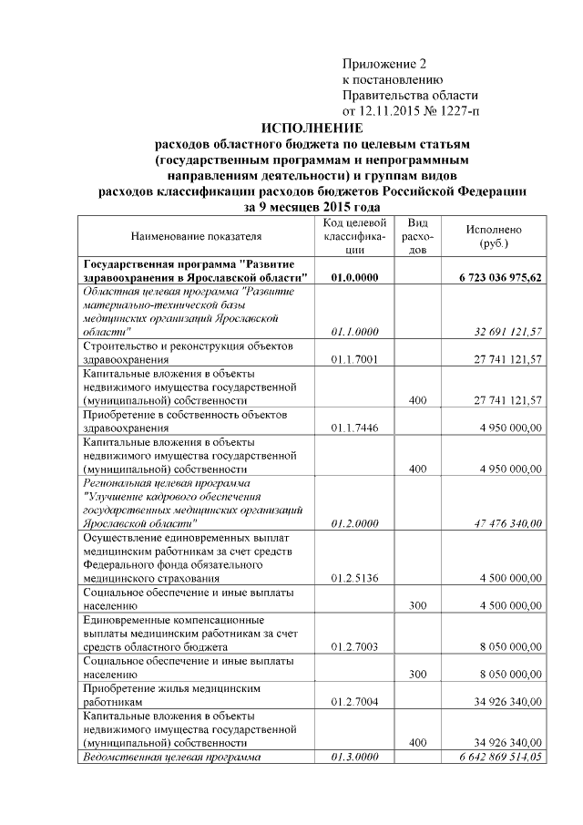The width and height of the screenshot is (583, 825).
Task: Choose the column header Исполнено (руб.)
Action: (x=493, y=238)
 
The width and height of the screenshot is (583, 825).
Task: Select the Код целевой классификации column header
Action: (x=356, y=236)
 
